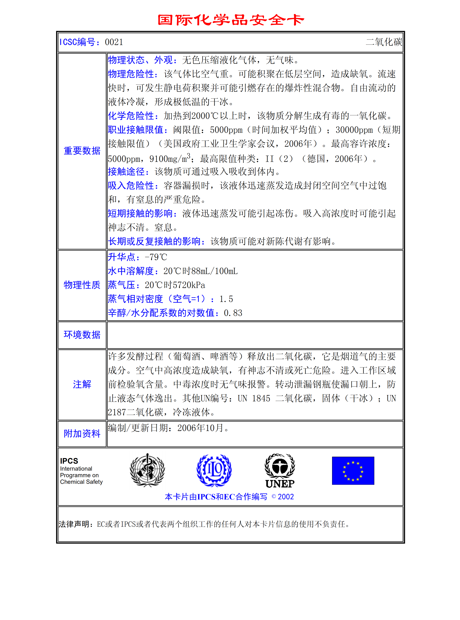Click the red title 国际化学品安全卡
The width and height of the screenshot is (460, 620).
[230, 20]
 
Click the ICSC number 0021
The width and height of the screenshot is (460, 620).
[114, 42]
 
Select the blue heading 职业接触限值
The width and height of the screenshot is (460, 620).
[138, 130]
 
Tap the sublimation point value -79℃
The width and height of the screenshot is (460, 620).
[156, 257]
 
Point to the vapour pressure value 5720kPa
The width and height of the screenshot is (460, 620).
[189, 285]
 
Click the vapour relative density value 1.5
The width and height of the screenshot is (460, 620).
[226, 299]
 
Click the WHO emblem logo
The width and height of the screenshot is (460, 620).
[147, 470]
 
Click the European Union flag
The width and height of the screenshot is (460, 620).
[353, 471]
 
